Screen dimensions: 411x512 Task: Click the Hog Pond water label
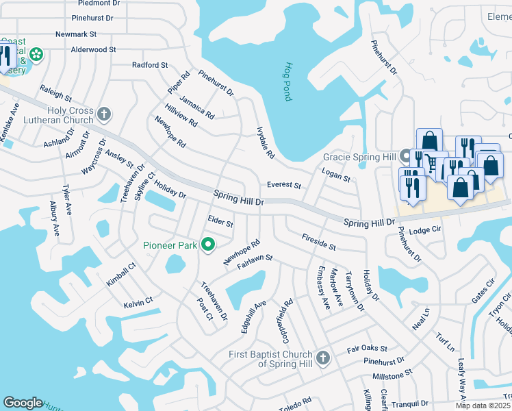(x=287, y=82)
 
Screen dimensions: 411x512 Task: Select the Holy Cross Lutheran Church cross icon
(x=104, y=114)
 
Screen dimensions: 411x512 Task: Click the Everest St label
(x=284, y=185)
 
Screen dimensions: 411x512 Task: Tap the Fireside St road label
(x=319, y=241)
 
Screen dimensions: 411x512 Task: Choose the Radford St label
(x=150, y=65)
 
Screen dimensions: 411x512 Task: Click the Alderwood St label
(x=94, y=50)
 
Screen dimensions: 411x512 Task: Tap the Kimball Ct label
(x=117, y=277)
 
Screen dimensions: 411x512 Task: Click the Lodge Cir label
(x=424, y=231)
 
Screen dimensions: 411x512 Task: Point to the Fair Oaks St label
(x=367, y=349)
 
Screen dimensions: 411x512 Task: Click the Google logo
(x=23, y=403)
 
